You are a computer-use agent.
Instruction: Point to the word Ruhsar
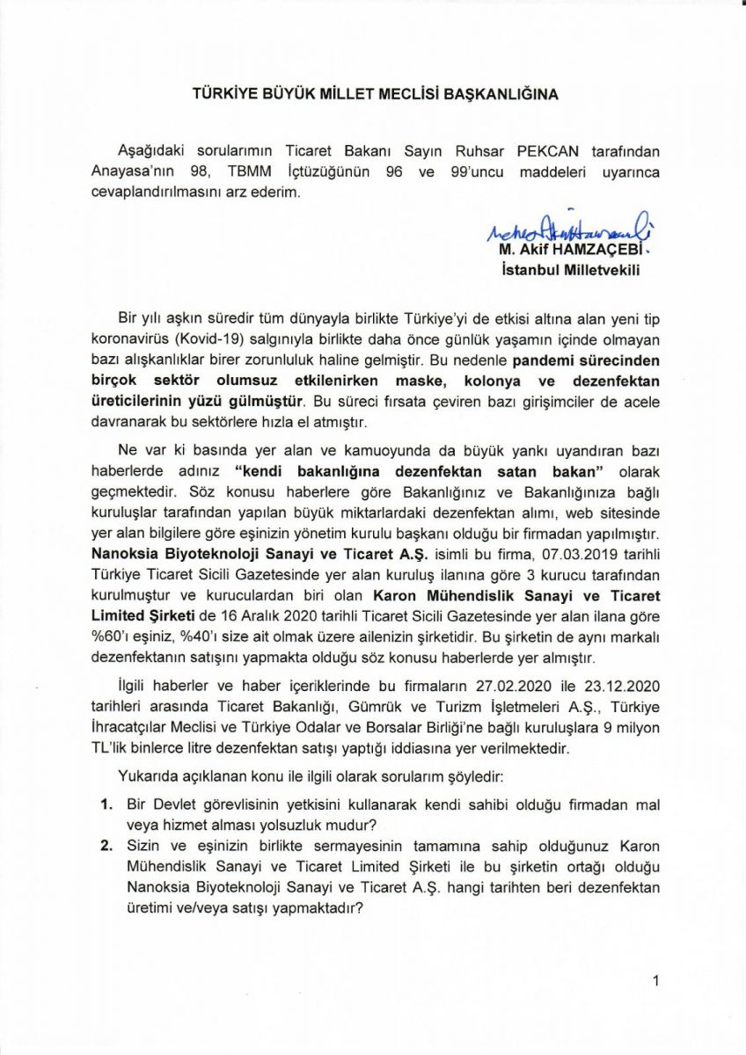(483, 153)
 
